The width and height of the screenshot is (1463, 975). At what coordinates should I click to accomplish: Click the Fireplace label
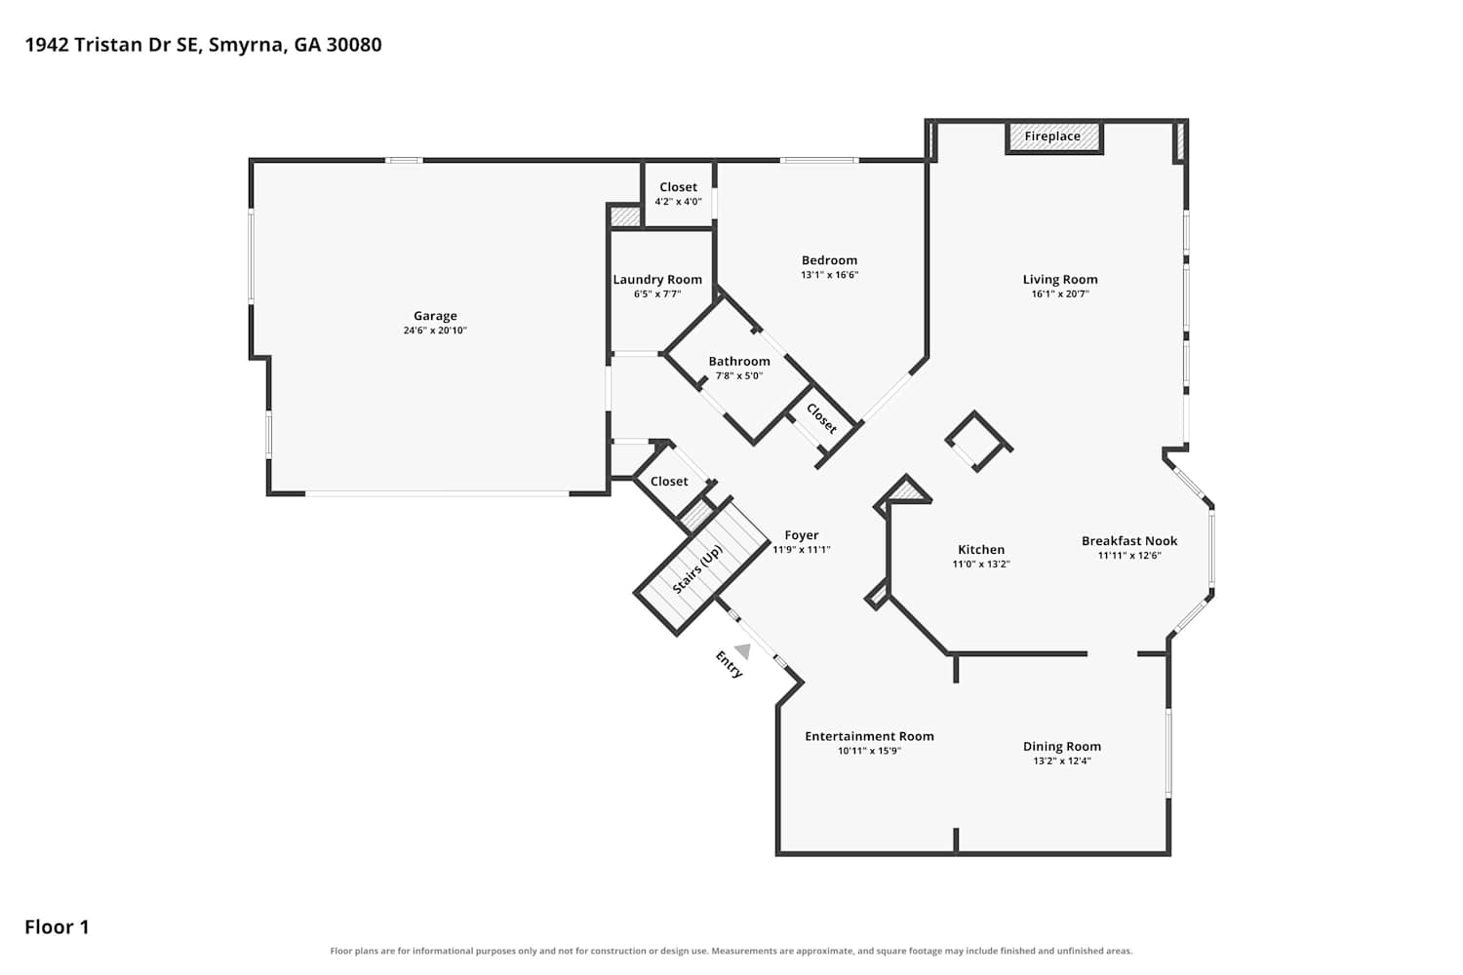1052,136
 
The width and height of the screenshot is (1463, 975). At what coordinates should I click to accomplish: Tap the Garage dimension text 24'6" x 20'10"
435,331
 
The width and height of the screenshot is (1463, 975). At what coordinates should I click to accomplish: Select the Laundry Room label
657,280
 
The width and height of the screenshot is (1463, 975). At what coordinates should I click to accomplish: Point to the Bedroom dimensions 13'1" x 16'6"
829,275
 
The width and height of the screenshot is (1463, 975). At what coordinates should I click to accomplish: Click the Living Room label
1060,280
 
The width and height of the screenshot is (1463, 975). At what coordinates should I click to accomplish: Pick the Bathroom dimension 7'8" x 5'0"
739,376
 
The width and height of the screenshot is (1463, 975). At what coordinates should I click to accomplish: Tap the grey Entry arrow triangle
743,651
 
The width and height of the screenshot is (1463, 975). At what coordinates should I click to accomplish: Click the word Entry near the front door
729,664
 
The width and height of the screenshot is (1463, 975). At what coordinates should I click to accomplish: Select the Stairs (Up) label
697,569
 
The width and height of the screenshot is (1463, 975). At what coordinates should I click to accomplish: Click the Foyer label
802,535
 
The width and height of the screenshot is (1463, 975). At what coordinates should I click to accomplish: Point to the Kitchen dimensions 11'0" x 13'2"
981,565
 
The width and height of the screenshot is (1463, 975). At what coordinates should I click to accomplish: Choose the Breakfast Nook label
1129,541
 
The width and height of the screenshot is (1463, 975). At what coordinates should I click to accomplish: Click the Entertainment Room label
869,736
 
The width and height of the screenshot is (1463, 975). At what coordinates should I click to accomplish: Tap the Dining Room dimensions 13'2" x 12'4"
1062,760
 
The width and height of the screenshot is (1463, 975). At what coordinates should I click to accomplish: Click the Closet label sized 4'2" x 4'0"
678,187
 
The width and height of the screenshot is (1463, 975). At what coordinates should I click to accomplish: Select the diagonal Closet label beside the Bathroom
821,418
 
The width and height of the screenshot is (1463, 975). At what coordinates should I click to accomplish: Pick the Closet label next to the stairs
669,482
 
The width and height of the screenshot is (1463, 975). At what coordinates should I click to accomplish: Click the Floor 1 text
57,926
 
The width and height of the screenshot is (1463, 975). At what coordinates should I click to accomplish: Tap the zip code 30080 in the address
354,45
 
